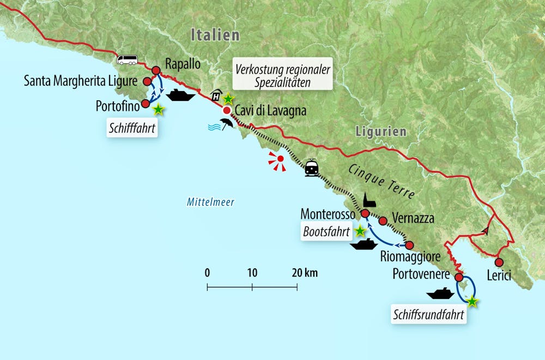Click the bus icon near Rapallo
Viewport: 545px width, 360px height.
[127, 60]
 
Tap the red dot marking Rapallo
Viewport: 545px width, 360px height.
[155, 70]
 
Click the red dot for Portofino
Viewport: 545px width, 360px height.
[146, 104]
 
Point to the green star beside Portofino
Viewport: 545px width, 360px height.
[158, 110]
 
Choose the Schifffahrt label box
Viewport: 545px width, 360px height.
[132, 129]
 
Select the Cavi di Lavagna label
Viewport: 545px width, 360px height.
[270, 111]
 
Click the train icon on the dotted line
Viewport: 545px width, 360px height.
[312, 167]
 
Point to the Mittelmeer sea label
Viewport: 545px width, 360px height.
[210, 202]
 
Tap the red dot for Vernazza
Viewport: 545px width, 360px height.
[383, 221]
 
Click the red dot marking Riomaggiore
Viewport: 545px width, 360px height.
[410, 245]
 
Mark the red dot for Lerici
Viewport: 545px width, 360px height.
[499, 262]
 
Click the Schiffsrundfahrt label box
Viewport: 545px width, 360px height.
[429, 315]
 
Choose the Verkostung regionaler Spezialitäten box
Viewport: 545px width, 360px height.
[282, 75]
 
